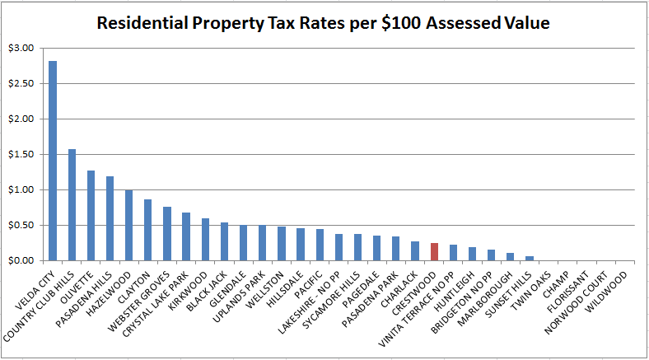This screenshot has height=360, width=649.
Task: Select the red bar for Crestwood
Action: (434, 251)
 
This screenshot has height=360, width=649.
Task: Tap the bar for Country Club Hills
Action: (72, 204)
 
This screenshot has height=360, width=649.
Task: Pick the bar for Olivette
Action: (91, 215)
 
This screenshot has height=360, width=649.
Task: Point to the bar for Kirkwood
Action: (205, 239)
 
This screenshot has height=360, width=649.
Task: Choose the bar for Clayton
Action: (148, 230)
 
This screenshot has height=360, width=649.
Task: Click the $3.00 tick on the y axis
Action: (21, 49)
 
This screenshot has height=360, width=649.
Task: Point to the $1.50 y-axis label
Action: (21, 155)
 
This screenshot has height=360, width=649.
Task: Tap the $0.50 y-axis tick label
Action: (21, 226)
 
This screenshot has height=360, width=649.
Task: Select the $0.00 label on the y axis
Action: (21, 261)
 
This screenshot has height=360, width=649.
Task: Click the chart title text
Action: (323, 23)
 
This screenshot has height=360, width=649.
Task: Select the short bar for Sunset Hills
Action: (530, 258)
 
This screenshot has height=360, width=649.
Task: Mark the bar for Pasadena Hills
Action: (110, 218)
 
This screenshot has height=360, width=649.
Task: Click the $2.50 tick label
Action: (21, 84)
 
